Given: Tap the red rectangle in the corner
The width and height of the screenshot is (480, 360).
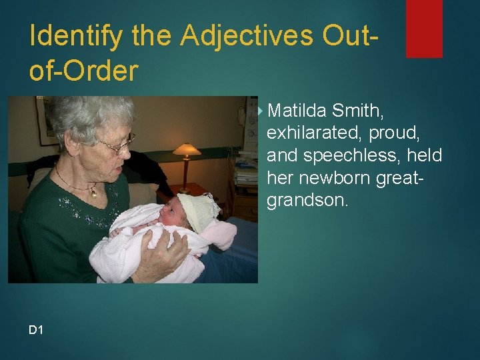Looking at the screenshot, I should (x=424, y=28).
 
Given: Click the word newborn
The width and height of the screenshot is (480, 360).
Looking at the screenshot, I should (x=329, y=178).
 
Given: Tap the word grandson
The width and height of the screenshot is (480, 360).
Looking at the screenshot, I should (x=307, y=201).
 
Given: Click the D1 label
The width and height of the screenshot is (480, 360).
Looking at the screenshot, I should (x=36, y=329).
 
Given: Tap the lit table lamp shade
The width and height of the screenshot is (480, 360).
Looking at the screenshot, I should (x=187, y=149).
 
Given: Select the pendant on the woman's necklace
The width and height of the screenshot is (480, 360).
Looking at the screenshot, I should (x=94, y=193).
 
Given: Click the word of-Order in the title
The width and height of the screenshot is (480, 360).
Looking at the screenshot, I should (x=83, y=71).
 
